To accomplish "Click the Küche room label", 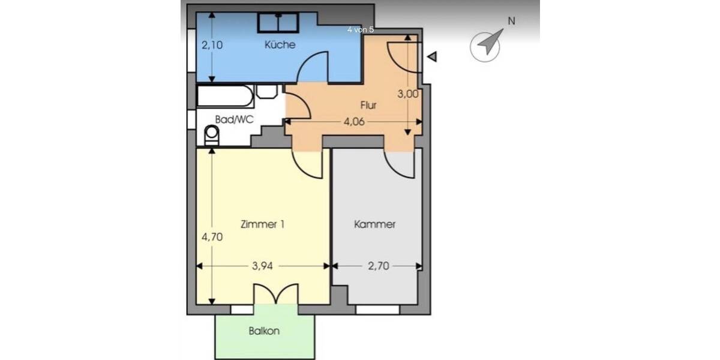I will tap(280, 45).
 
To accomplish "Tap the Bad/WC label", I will tap(235, 119).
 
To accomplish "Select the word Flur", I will tap(368, 105).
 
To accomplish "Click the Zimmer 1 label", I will tap(262, 225).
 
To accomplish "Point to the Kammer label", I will tap(375, 225).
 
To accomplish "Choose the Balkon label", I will tap(265, 331).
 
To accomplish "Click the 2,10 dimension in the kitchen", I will tap(212, 44).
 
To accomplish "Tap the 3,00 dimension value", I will tap(408, 94).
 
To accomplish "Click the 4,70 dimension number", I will tap(212, 236).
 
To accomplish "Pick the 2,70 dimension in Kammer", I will tap(377, 266).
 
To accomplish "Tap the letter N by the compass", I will tap(511, 21).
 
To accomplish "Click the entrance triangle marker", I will tap(432, 56).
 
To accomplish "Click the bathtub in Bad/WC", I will tap(225, 95).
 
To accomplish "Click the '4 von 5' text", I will tap(361, 29).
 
